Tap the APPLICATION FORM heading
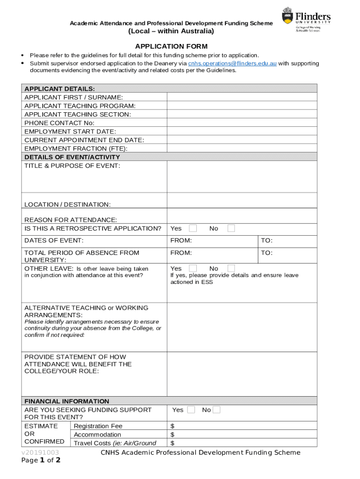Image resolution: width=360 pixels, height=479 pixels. [171, 46]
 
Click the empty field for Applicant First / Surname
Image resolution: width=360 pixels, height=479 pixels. [242, 97]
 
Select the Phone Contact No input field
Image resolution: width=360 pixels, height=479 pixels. [242, 123]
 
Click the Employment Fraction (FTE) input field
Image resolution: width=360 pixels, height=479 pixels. [242, 148]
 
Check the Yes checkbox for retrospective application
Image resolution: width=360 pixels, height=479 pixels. [193, 228]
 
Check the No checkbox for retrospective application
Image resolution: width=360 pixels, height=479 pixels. [231, 228]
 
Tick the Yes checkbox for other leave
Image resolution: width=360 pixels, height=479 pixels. [193, 268]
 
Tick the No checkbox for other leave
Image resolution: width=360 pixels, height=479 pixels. [231, 268]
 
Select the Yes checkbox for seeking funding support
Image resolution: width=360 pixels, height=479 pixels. [191, 410]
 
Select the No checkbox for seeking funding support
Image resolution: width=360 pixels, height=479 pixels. [216, 410]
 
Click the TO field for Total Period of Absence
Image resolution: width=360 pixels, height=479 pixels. [288, 253]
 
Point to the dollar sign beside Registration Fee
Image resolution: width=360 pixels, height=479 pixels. [173, 426]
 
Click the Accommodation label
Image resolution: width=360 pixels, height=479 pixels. [97, 435]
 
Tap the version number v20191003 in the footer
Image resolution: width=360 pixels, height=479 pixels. [40, 453]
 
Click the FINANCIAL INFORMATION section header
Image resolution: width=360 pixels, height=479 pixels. [67, 401]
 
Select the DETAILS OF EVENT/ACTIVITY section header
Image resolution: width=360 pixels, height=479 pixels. [72, 157]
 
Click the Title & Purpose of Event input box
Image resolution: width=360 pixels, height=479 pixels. [242, 177]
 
